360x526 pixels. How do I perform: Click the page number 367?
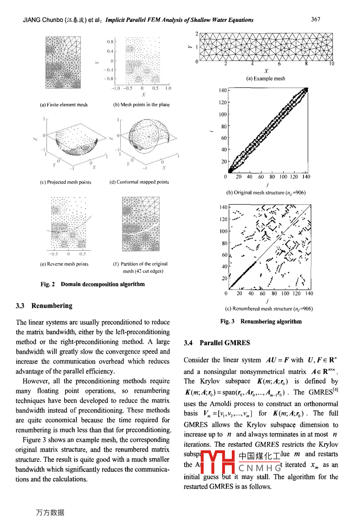(x=315, y=19)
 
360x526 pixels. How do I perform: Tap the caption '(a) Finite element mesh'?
(x=64, y=105)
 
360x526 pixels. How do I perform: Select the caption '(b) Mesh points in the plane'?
(x=141, y=105)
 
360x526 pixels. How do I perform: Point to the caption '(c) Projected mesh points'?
(x=66, y=182)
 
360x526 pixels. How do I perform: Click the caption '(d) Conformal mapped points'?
(x=139, y=182)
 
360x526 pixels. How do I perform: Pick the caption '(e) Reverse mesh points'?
(x=64, y=264)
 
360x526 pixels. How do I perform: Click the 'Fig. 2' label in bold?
(x=47, y=284)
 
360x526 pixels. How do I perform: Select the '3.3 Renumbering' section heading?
(x=44, y=306)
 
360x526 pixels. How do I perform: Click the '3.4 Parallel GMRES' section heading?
(x=217, y=343)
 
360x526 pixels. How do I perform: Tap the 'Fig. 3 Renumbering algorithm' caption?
(x=261, y=321)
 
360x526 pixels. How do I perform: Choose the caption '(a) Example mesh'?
(x=266, y=79)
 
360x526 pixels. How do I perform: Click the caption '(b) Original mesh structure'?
(x=266, y=192)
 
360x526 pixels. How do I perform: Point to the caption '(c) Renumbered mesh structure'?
(x=269, y=308)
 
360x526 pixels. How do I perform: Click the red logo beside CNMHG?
(x=218, y=462)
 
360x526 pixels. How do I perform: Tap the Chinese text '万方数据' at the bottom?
(x=50, y=512)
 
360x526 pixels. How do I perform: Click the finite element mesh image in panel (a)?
(x=63, y=63)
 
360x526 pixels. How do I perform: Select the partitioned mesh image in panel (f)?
(x=141, y=224)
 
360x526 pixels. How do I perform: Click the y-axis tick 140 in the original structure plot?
(x=223, y=90)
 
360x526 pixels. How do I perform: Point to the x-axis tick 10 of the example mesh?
(x=331, y=64)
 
